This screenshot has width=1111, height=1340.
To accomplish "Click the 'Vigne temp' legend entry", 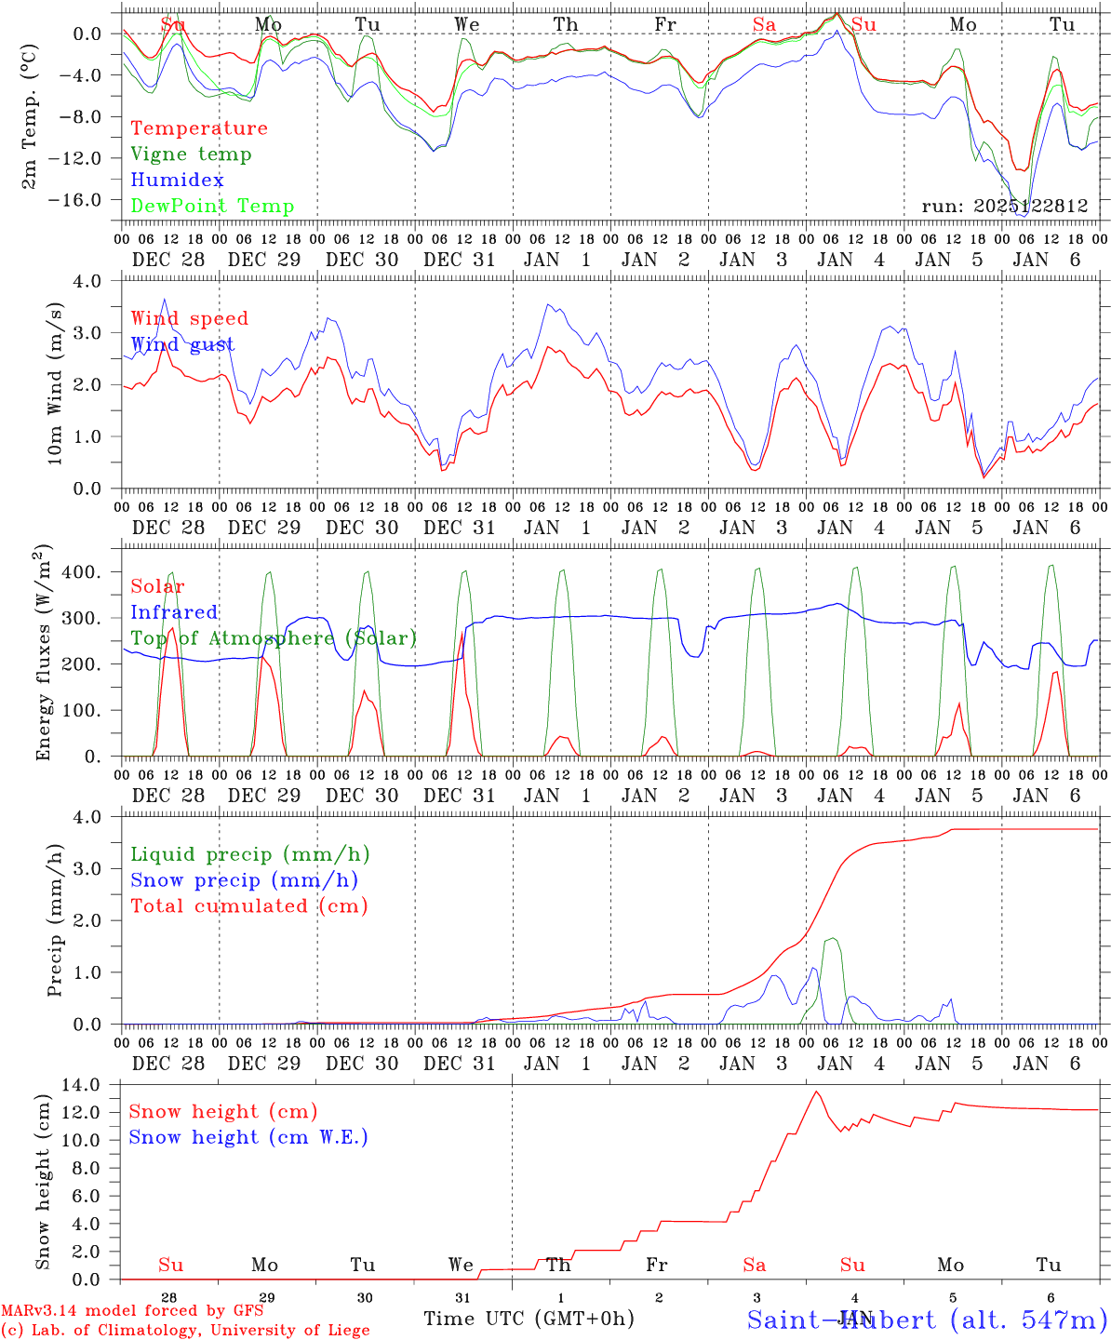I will [x=191, y=154].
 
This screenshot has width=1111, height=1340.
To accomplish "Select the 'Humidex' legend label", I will [x=177, y=181].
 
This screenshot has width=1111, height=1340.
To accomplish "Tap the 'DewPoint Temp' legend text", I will [x=212, y=207].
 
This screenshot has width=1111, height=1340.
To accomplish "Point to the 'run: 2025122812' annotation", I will [x=1004, y=206].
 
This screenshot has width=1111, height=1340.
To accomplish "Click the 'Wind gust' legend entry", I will [x=182, y=345].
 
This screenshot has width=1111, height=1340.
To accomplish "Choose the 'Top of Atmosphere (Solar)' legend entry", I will [x=274, y=638].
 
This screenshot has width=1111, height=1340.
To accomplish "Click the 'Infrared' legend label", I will [x=174, y=612].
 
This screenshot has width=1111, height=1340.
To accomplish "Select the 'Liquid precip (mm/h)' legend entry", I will [x=249, y=854].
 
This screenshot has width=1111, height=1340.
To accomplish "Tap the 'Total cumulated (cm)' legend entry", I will [x=249, y=906].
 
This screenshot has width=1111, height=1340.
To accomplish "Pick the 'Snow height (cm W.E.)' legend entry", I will [x=248, y=1137].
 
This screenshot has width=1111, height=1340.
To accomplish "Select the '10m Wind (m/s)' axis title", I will [x=55, y=382].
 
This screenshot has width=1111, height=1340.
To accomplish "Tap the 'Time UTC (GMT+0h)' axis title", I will [x=529, y=1319].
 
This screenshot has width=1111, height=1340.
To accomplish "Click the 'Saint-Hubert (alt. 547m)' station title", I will [x=927, y=1319].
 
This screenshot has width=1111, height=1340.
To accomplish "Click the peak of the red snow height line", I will [x=816, y=1092].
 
